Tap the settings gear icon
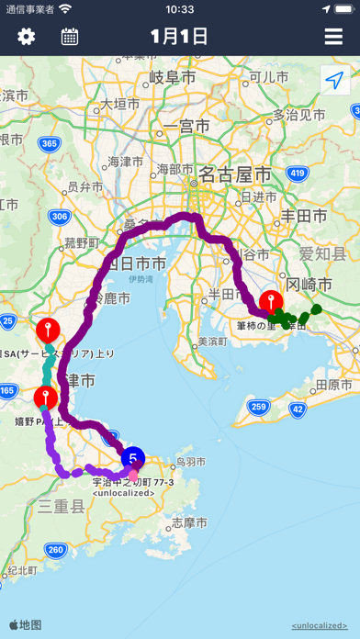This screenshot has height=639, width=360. coord(27,37)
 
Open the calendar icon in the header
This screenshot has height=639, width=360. coord(70,37)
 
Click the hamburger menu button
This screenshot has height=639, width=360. coord(333,37)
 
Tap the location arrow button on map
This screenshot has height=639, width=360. coord(334,81)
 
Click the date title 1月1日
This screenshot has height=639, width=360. coord(180,37)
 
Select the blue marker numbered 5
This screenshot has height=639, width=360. coord(133,457)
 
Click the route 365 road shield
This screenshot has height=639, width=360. coord(51,143)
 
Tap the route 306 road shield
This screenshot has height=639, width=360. coord(60,216)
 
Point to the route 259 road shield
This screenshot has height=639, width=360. coord(260,381)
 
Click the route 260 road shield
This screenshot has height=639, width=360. coord(55,550)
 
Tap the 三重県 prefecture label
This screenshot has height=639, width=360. coord(62,506)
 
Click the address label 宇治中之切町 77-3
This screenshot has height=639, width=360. coord(133,480)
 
